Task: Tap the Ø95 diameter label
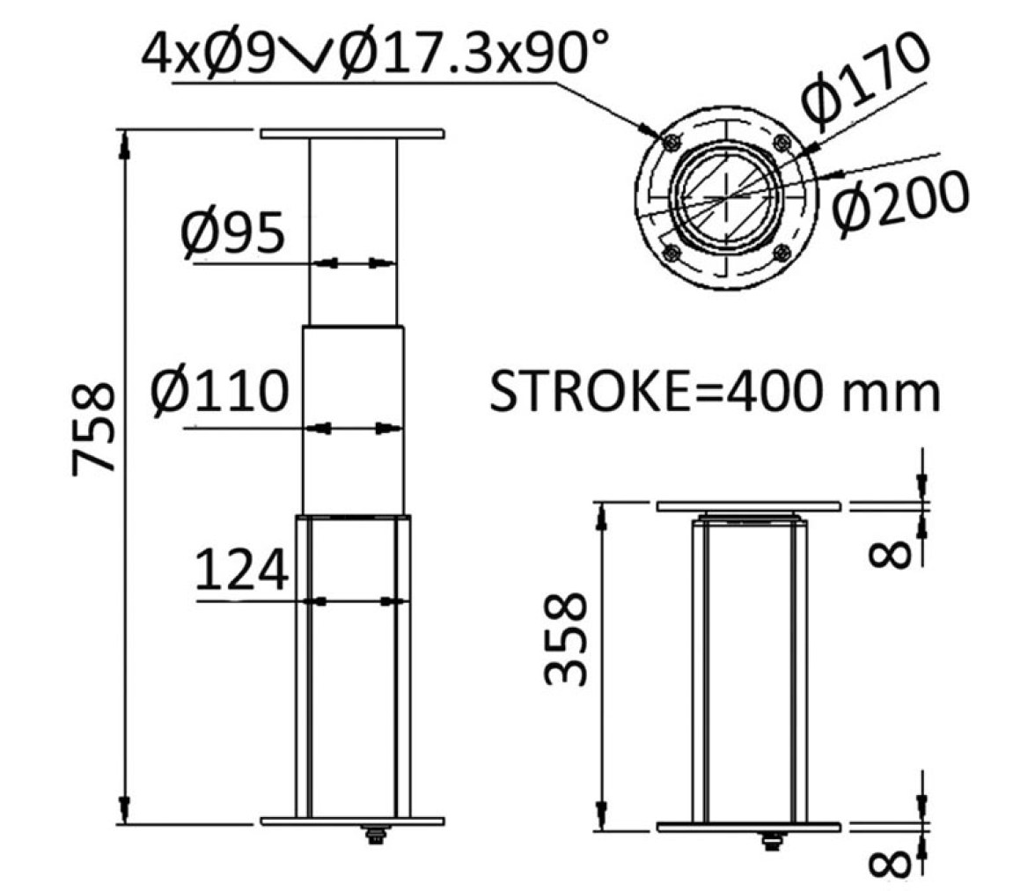tap(232, 233)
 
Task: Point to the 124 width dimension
tap(241, 570)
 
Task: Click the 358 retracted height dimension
tap(566, 638)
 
